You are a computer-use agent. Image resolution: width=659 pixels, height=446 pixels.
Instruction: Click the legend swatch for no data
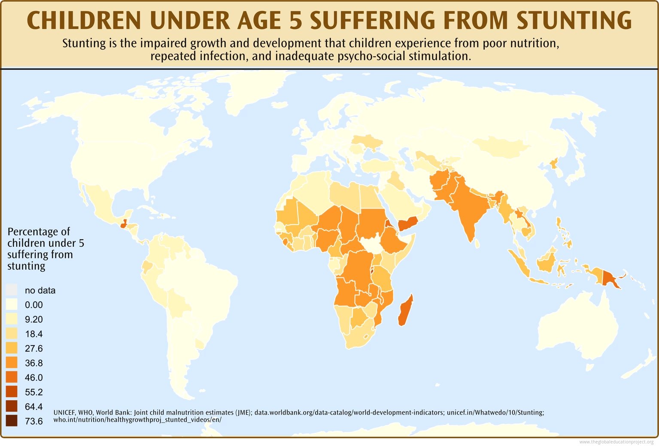tap(12, 290)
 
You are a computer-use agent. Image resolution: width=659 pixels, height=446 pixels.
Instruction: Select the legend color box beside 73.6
tap(12, 421)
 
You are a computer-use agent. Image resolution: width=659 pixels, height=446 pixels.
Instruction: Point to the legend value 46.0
tap(34, 377)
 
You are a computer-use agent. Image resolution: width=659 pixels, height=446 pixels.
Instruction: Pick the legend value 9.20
tap(34, 319)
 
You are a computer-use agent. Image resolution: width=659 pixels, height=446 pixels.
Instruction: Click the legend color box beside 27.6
tap(12, 348)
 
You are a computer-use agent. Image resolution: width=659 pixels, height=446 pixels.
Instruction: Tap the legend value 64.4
tap(34, 407)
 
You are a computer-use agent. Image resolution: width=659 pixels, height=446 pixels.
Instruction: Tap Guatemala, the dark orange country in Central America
tap(124, 224)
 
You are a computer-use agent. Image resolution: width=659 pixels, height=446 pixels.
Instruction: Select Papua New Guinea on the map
tap(610, 278)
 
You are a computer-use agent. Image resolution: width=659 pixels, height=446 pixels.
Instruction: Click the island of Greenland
tap(253, 88)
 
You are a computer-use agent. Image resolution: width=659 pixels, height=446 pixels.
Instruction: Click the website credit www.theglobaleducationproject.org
tap(616, 442)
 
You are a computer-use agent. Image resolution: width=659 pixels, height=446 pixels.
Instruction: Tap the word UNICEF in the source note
tap(64, 413)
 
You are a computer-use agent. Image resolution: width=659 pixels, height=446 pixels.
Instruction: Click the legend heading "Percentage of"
tap(39, 232)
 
